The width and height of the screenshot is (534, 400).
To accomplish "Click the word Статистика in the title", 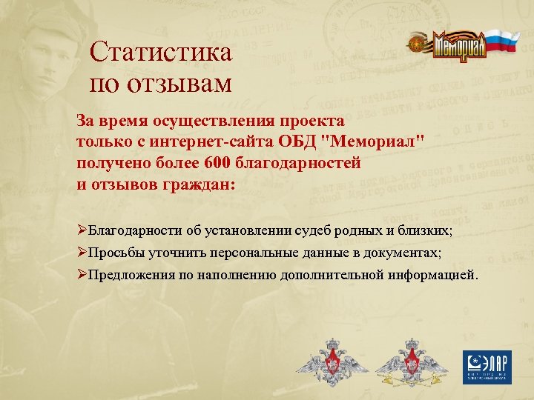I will (160, 53).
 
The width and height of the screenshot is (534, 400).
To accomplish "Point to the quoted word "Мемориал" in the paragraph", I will (378, 141).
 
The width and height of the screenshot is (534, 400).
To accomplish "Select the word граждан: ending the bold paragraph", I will (194, 184).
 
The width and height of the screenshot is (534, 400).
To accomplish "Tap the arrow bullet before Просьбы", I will (82, 253).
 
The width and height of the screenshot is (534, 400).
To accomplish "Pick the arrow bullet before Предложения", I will (82, 276).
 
